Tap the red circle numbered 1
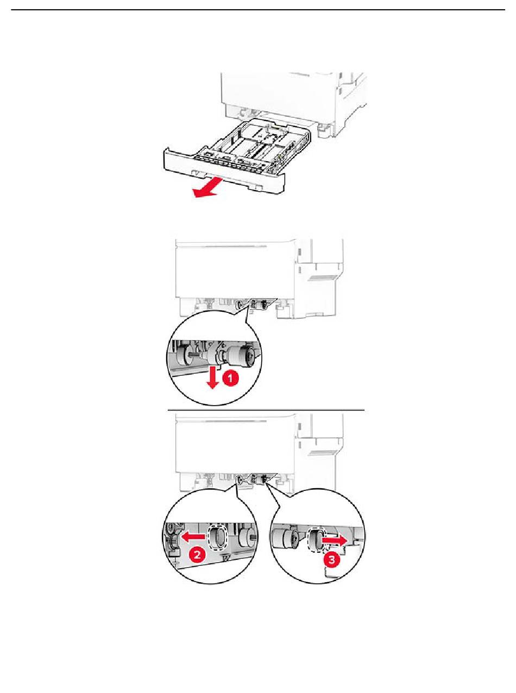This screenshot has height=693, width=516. click(x=231, y=379)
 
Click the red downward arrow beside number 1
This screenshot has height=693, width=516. click(x=212, y=376)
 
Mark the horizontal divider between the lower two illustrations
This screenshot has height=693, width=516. click(x=266, y=410)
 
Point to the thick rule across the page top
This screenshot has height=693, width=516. click(x=258, y=10)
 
